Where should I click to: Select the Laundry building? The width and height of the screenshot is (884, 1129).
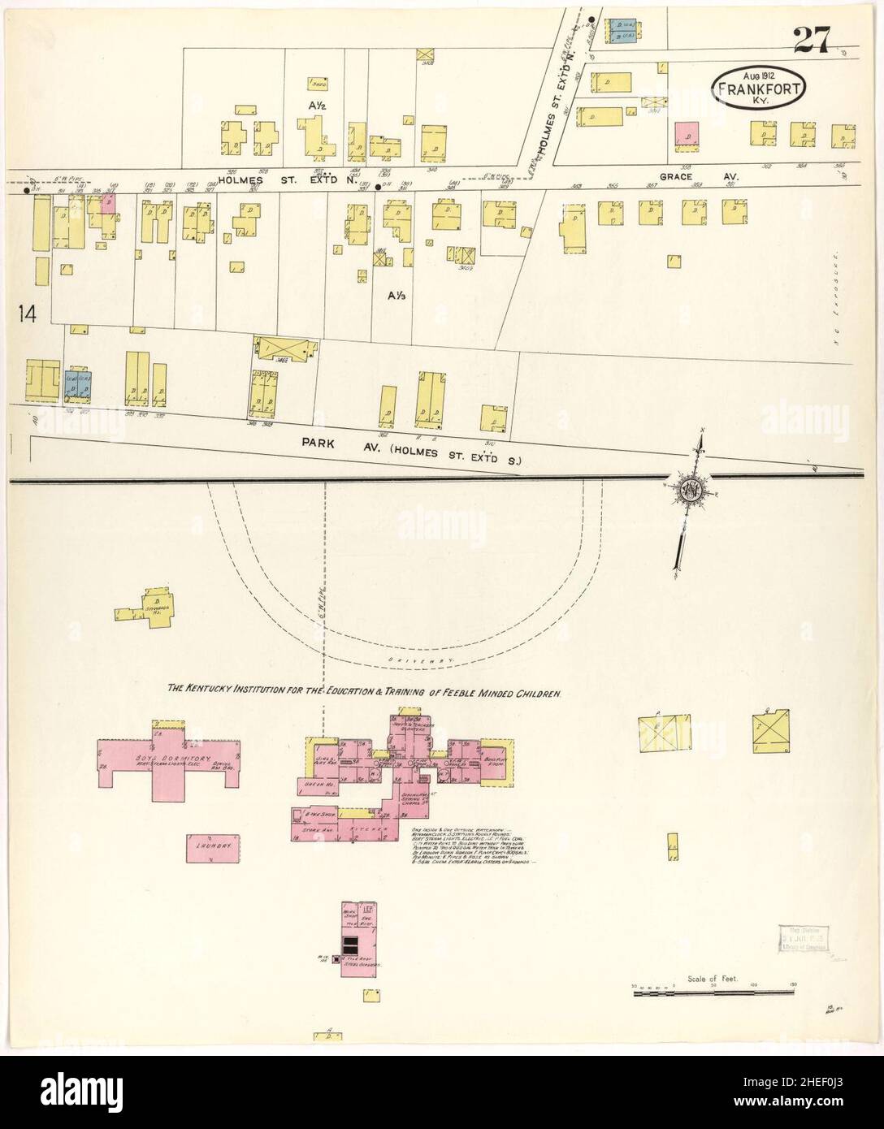(214, 846)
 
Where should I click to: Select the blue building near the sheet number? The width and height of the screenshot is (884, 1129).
(622, 30)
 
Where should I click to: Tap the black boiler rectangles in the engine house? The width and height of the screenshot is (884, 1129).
(350, 944)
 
